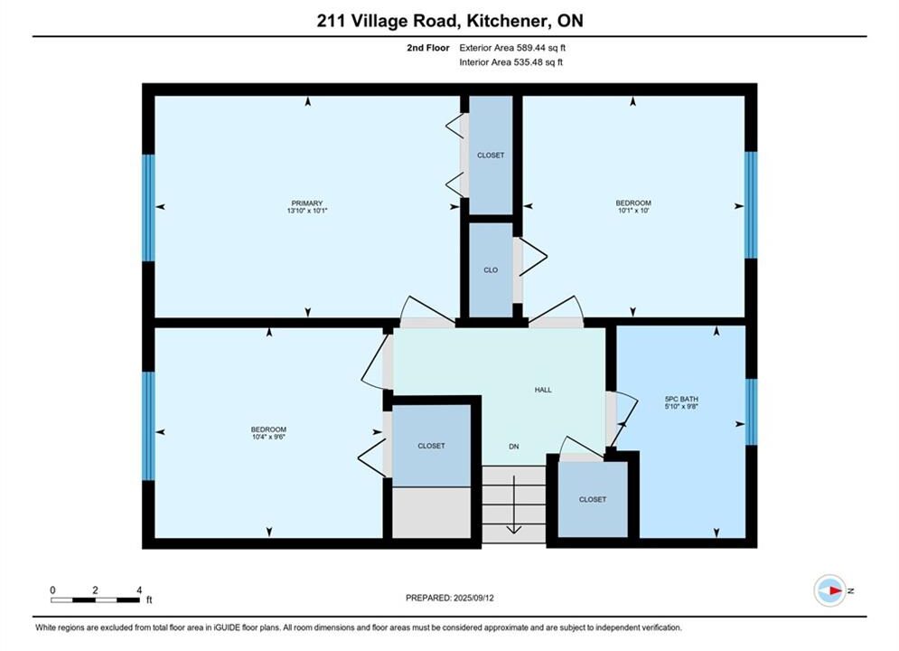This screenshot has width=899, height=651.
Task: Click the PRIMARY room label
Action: click(306, 203)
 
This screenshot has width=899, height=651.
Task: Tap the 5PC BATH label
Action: click(681, 400)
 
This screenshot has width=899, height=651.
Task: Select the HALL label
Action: click(543, 390)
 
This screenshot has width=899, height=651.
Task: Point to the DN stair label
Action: click(514, 447)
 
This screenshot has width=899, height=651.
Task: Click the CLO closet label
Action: click(491, 270)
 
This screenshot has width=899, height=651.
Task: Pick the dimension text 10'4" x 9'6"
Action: click(268, 437)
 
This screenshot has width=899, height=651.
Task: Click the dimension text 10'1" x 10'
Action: click(633, 211)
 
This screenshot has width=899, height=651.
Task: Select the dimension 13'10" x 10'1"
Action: click(306, 211)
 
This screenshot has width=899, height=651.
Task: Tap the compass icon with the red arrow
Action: click(830, 590)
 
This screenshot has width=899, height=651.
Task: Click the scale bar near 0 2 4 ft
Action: click(95, 600)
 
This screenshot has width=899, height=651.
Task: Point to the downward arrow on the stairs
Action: click(514, 505)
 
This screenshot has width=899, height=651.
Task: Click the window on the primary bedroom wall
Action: click(148, 208)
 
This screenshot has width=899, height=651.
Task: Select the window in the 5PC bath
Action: click(751, 411)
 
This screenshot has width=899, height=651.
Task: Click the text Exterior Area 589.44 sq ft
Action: click(512, 48)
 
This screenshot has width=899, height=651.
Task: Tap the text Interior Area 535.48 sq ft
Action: click(510, 62)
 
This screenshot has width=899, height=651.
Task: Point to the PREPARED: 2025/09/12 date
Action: click(450, 598)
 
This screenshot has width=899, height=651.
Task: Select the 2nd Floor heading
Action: click(427, 48)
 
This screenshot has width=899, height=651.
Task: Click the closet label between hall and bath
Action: click(593, 500)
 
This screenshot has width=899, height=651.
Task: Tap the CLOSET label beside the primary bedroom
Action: click(491, 156)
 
